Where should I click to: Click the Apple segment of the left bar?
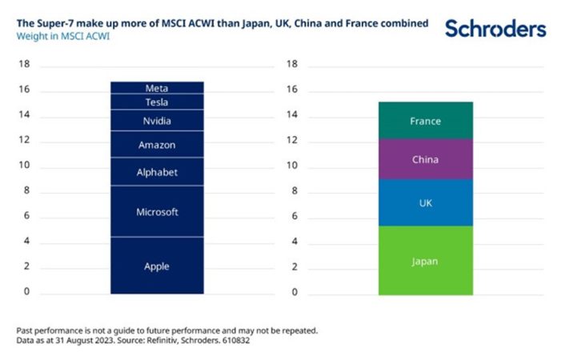tap(157, 266)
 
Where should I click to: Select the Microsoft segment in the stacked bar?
tap(157, 212)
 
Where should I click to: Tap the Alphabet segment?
tap(157, 172)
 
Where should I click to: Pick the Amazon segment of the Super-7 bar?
tap(157, 145)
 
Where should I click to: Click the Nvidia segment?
tap(157, 121)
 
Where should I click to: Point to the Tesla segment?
tap(157, 102)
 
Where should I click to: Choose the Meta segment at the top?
tap(157, 88)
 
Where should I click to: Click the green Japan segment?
tap(425, 261)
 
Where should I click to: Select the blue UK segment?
tap(425, 203)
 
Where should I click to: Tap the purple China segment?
tap(425, 160)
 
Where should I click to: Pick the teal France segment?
tap(425, 121)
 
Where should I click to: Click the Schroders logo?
tap(495, 29)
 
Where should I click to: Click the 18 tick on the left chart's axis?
tap(24, 64)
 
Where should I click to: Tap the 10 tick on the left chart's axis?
tap(24, 166)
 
